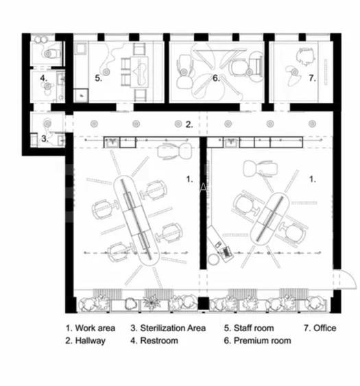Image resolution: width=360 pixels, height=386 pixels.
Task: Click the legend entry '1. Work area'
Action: (x=91, y=328)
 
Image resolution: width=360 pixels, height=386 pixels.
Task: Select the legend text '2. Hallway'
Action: (x=86, y=341)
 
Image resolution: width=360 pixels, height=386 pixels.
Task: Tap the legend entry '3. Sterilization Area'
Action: (x=168, y=328)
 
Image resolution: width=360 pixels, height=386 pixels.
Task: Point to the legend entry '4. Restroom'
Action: (x=154, y=341)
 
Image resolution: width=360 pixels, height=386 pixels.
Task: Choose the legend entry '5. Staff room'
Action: (x=249, y=328)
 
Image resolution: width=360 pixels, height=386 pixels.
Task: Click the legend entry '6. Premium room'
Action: (x=257, y=341)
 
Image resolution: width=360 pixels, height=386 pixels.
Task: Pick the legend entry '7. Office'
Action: (x=320, y=328)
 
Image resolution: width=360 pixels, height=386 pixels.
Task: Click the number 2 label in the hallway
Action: (x=189, y=125)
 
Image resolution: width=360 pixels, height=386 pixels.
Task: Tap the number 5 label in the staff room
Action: (x=99, y=78)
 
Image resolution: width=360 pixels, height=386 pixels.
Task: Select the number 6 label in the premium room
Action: (x=216, y=78)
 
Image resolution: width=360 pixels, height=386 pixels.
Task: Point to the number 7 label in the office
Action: (x=312, y=78)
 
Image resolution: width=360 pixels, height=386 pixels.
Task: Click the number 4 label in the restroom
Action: (x=43, y=78)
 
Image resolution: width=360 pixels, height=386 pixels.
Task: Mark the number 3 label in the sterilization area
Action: (x=45, y=138)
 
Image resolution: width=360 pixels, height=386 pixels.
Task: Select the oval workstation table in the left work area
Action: (x=136, y=221)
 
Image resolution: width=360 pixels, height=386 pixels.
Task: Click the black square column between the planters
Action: (x=204, y=303)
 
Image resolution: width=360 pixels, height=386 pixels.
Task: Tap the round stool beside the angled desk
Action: (x=213, y=259)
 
